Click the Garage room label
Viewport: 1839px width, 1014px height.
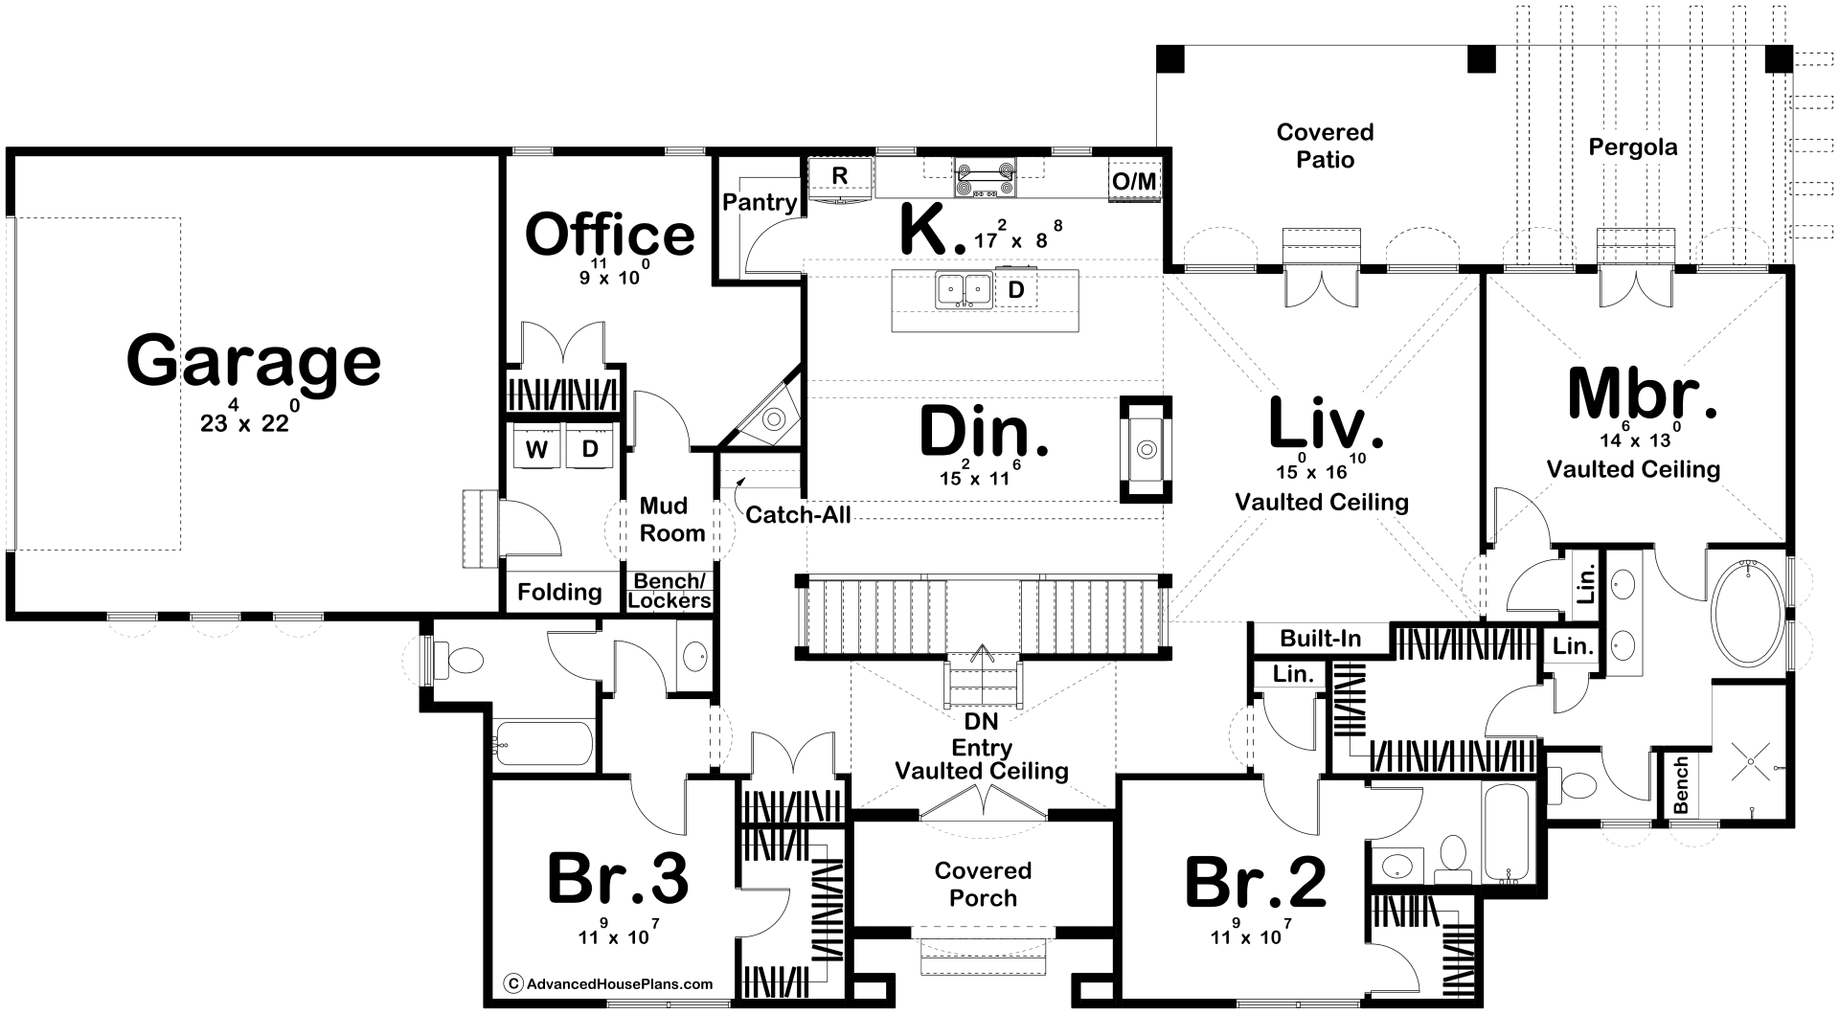254,360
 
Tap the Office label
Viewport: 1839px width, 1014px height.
610,235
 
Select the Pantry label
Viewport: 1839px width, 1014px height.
760,202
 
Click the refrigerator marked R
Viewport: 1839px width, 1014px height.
840,179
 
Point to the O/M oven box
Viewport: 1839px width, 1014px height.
1135,181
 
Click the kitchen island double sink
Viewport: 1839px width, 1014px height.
964,289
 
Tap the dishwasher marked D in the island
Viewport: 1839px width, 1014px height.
1016,289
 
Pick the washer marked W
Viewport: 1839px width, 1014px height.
536,448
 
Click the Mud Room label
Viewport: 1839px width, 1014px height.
672,520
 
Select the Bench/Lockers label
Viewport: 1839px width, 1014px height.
670,591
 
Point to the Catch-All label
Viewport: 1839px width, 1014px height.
798,514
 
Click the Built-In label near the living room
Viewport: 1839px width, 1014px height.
1321,638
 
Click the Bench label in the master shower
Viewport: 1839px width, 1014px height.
1681,785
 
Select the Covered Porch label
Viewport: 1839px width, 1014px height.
983,884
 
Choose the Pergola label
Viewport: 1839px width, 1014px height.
1633,147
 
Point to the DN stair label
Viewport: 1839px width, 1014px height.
982,725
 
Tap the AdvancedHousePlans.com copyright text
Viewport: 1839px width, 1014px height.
608,983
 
